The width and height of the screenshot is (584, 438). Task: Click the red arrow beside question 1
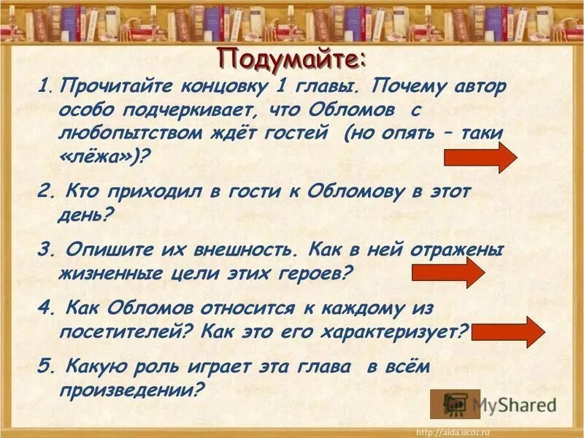point(480,157)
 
